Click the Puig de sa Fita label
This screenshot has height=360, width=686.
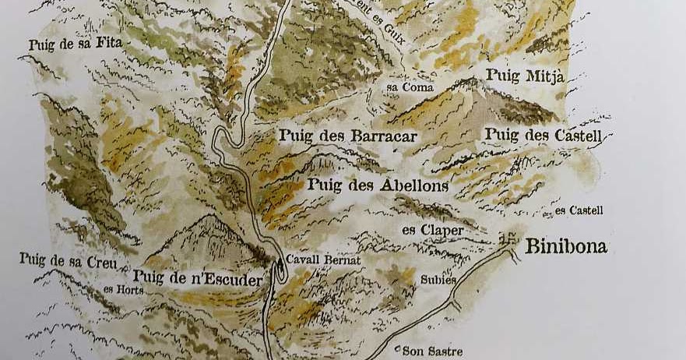(x=76, y=44)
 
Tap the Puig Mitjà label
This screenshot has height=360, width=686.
(x=525, y=76)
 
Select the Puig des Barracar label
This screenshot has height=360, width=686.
(x=348, y=136)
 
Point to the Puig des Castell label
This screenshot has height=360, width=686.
(x=544, y=135)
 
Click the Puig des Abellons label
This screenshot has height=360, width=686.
(x=378, y=185)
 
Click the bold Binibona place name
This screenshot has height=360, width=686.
(x=566, y=248)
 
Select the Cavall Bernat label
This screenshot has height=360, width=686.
(x=323, y=260)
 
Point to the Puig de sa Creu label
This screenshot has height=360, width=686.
(x=69, y=260)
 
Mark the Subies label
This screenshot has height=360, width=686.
(x=438, y=279)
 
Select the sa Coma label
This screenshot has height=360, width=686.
(x=410, y=87)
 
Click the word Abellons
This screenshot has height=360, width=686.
(x=412, y=185)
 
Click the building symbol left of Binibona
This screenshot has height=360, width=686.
(x=512, y=237)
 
